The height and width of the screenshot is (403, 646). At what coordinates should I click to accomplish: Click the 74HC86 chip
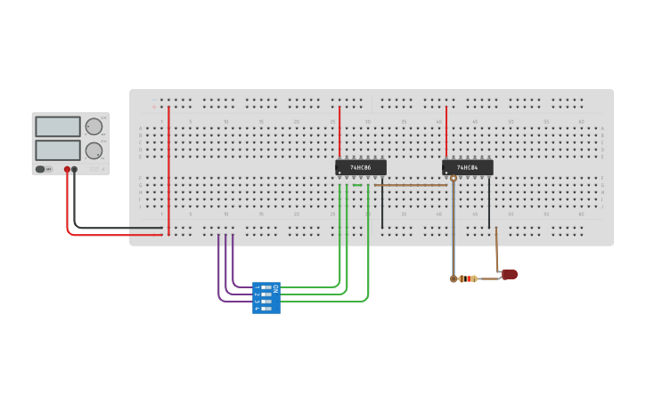point(361,167)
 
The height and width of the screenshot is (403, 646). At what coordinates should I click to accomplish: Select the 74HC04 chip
point(468,167)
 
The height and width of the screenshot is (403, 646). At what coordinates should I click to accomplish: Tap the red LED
point(510,274)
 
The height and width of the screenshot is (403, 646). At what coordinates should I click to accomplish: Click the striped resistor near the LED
point(465,278)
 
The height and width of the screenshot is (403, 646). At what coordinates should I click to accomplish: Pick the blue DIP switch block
point(266,298)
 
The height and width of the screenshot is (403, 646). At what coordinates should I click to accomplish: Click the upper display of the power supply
point(58,126)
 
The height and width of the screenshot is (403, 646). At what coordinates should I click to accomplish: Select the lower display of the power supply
point(58,149)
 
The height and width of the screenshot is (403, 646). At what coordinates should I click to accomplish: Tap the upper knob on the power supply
point(94,126)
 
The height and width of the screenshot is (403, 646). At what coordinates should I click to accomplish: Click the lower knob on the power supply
point(94,150)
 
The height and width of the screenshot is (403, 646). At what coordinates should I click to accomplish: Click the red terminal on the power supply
point(67,169)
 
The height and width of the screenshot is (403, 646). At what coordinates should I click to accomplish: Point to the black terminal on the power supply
point(75,169)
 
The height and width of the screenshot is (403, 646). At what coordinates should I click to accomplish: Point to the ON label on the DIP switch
point(275,288)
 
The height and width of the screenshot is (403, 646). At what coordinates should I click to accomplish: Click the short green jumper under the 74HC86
point(357,185)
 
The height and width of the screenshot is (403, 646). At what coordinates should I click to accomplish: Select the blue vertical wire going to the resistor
point(453,231)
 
